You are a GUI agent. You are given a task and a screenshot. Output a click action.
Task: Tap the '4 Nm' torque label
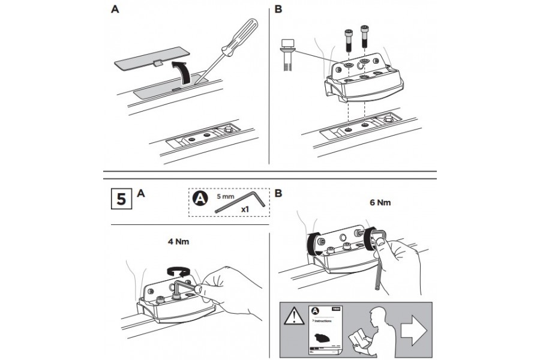point(180,243)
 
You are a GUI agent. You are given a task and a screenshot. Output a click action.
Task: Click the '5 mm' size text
point(225,196)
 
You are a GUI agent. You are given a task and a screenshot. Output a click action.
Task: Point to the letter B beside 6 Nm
point(278,194)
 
